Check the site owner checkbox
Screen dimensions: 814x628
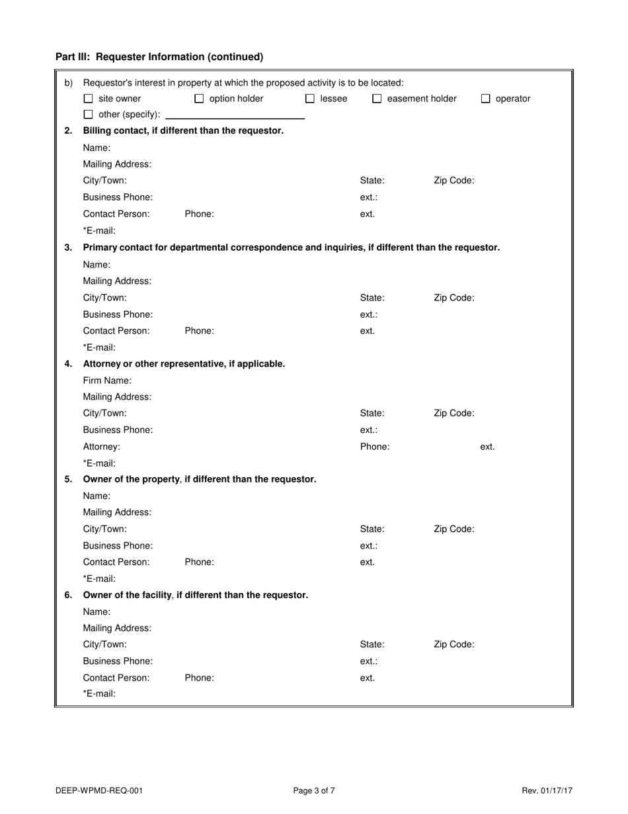click(88, 99)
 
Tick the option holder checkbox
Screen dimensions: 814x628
click(199, 99)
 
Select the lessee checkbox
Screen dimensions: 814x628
click(310, 99)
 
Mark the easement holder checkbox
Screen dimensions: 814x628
click(377, 99)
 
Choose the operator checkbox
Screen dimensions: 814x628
click(486, 99)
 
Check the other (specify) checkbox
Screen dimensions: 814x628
click(88, 115)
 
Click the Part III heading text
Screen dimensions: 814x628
click(159, 57)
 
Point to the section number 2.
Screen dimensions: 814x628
click(68, 130)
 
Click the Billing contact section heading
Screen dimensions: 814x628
click(183, 130)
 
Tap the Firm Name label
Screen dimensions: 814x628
click(107, 381)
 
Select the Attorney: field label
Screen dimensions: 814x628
click(102, 447)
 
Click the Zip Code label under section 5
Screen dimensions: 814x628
click(453, 529)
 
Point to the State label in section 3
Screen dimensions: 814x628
click(372, 298)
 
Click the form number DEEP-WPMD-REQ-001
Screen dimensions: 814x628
click(99, 790)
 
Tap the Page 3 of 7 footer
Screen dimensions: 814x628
click(314, 790)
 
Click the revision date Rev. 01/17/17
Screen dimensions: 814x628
click(547, 790)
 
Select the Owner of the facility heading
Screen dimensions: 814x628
click(196, 595)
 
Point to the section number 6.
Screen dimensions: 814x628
click(68, 595)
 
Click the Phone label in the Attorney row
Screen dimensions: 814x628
click(375, 447)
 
